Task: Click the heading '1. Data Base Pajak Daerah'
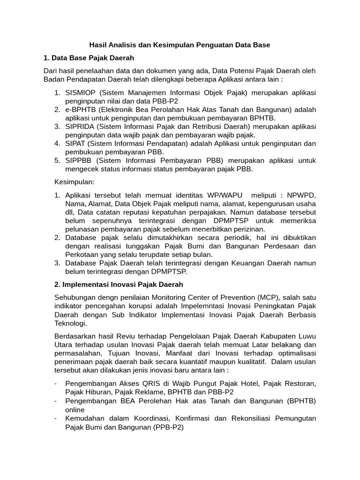tap(89, 58)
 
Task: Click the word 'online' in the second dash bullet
tap(75, 409)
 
